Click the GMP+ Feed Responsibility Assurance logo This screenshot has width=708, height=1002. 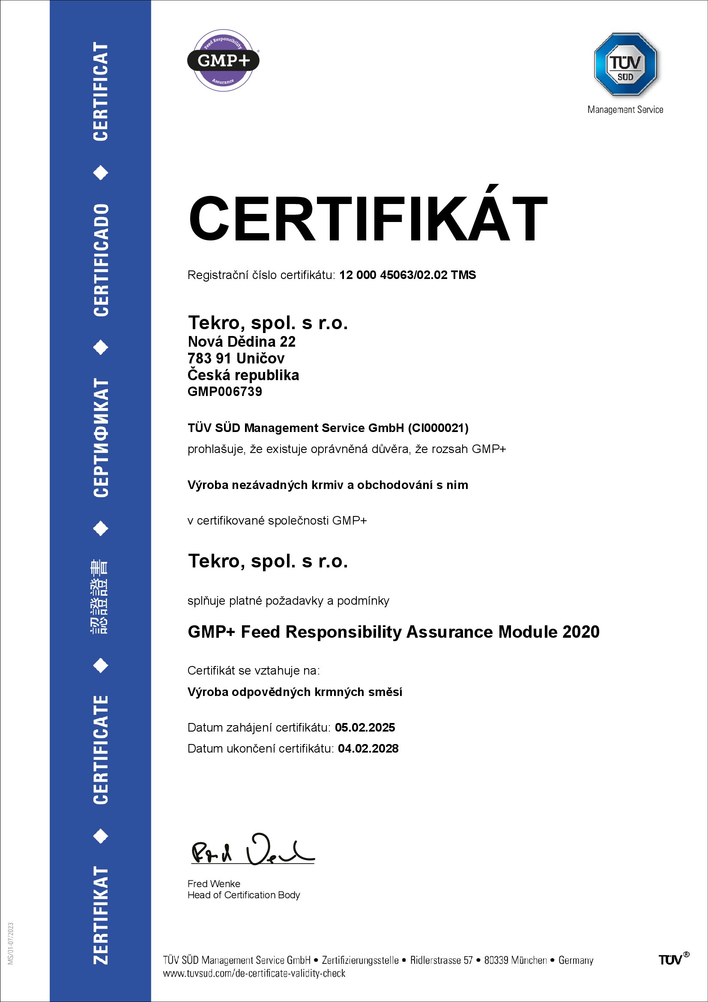[x=223, y=60]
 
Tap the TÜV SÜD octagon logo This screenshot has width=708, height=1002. [x=625, y=64]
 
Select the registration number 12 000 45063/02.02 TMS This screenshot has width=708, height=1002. [x=407, y=275]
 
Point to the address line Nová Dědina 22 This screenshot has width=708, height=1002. [x=241, y=341]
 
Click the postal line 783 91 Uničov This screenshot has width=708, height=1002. [x=236, y=358]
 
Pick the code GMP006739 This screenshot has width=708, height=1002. [x=225, y=391]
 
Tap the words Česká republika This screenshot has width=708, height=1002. [x=243, y=375]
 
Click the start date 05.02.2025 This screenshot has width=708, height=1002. [x=364, y=727]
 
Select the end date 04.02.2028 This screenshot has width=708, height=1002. [x=368, y=748]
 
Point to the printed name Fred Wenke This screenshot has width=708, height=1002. [x=214, y=884]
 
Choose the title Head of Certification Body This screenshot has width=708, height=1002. [x=243, y=895]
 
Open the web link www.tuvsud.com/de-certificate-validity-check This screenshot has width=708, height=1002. [x=254, y=974]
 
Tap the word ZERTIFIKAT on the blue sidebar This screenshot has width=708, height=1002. [x=101, y=915]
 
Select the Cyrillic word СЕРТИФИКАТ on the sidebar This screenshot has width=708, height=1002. [x=101, y=437]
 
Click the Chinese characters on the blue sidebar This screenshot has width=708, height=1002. [x=100, y=597]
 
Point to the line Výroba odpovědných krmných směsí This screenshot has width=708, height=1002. [x=294, y=692]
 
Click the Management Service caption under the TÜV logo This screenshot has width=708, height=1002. [x=625, y=110]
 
